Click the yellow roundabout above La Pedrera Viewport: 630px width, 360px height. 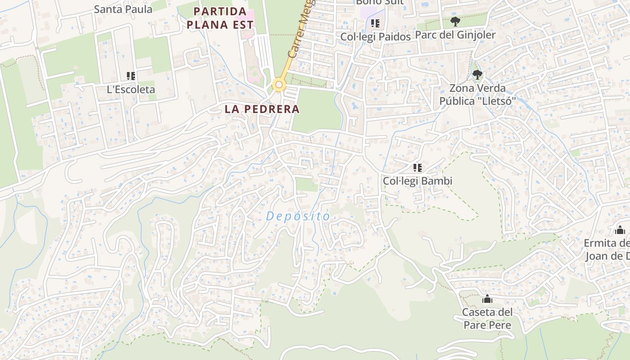(279, 85)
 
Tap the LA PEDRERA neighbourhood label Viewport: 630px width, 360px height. (262, 109)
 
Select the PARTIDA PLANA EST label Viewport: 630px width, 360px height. (220, 18)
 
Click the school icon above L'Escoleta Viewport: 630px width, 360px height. (131, 76)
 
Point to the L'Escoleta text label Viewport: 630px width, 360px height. (131, 90)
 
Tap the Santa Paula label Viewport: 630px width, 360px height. (123, 9)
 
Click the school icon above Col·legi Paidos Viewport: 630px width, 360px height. (375, 23)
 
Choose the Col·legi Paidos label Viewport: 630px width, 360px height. (375, 37)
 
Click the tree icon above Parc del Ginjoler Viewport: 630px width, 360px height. (455, 21)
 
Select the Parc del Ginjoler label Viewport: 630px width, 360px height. (455, 35)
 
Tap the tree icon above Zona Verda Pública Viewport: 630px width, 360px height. (477, 75)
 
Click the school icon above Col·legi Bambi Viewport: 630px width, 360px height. (418, 168)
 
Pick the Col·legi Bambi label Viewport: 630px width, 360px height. (418, 181)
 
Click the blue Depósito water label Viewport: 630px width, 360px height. (298, 216)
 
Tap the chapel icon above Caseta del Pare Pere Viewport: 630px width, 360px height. (487, 299)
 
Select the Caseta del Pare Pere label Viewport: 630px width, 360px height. (487, 318)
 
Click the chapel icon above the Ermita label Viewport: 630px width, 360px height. (620, 230)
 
